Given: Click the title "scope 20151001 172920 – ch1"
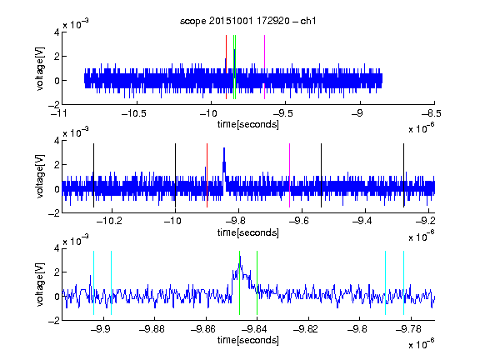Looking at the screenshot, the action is (x=247, y=21).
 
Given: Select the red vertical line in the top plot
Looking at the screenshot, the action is (x=226, y=67).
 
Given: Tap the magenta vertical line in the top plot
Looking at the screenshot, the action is (x=264, y=67).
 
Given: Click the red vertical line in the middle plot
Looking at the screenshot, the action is (x=207, y=175).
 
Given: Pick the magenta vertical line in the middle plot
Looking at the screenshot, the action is (x=290, y=175).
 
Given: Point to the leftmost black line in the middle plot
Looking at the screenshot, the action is (x=93, y=175).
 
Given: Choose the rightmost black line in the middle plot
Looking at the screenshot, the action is (x=403, y=175).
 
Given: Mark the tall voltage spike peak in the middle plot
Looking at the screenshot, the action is (x=224, y=148).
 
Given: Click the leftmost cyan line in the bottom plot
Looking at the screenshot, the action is (x=93, y=282).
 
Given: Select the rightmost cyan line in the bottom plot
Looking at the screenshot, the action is (x=403, y=282).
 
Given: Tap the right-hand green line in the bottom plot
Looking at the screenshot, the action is (x=257, y=282).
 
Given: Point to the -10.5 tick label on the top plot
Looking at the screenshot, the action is (x=134, y=114).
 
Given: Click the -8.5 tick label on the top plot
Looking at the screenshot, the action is (x=432, y=114).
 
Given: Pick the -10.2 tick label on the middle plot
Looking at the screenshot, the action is (x=109, y=221).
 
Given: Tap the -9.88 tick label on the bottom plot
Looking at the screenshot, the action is (x=152, y=329).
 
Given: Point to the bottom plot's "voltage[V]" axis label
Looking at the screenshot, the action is (x=40, y=284).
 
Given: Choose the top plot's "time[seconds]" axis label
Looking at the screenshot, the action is (x=248, y=125).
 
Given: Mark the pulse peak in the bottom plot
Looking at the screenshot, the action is (x=240, y=257).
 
